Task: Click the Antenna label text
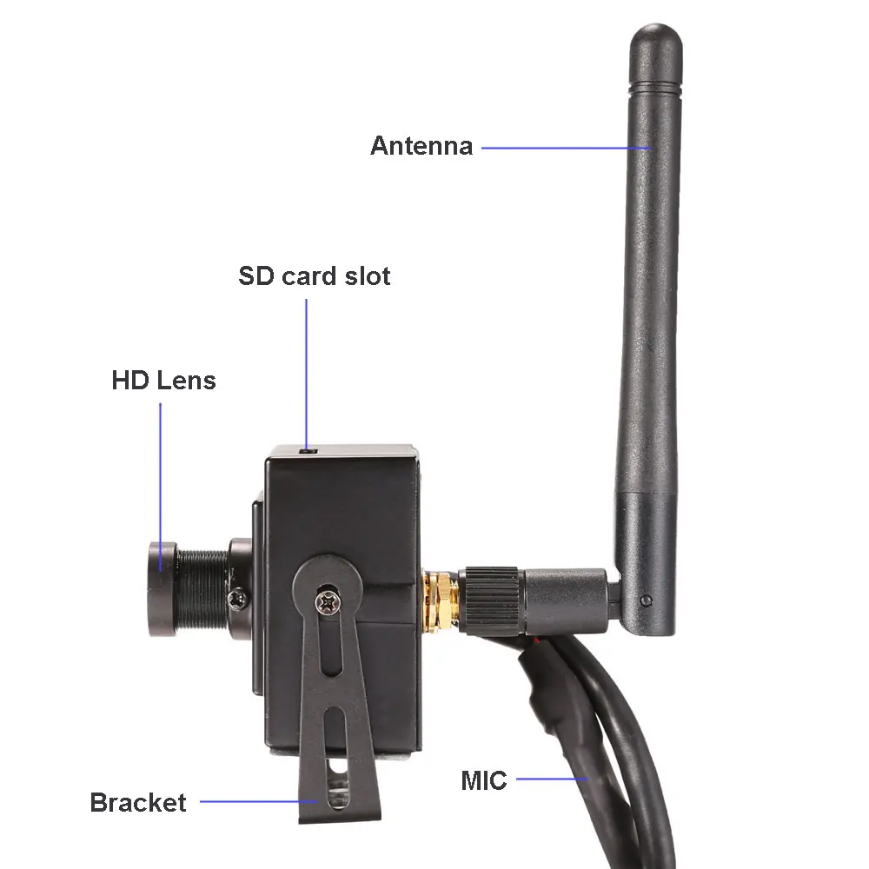[x=421, y=145]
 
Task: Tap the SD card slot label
[x=314, y=276]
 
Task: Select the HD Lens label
[x=163, y=380]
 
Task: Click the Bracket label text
[x=137, y=802]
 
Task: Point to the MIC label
[x=483, y=780]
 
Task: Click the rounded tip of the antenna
[x=656, y=39]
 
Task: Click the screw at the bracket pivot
[x=327, y=599]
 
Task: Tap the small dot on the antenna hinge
[x=646, y=600]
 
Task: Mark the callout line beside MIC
[x=553, y=779]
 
